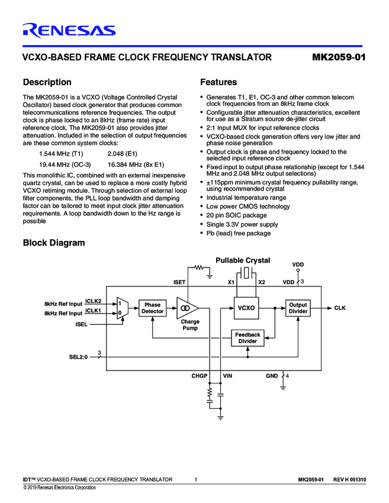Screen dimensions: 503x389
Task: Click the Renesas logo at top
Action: click(69, 30)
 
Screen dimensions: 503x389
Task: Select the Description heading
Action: click(47, 82)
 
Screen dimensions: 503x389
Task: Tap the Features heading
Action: click(218, 82)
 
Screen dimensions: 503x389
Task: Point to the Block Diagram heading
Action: click(53, 243)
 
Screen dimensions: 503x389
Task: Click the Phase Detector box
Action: click(152, 308)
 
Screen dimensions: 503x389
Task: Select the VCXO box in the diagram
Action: click(246, 308)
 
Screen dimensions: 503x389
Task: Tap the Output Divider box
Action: click(298, 308)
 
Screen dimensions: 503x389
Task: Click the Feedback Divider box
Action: click(247, 338)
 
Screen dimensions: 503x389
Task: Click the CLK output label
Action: click(340, 308)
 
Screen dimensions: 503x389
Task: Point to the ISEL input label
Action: click(82, 324)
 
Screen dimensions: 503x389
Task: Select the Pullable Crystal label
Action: click(243, 260)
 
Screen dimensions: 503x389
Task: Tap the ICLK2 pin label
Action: click(94, 301)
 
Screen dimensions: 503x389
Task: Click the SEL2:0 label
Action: click(78, 357)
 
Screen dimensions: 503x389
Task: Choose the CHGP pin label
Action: click(200, 376)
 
